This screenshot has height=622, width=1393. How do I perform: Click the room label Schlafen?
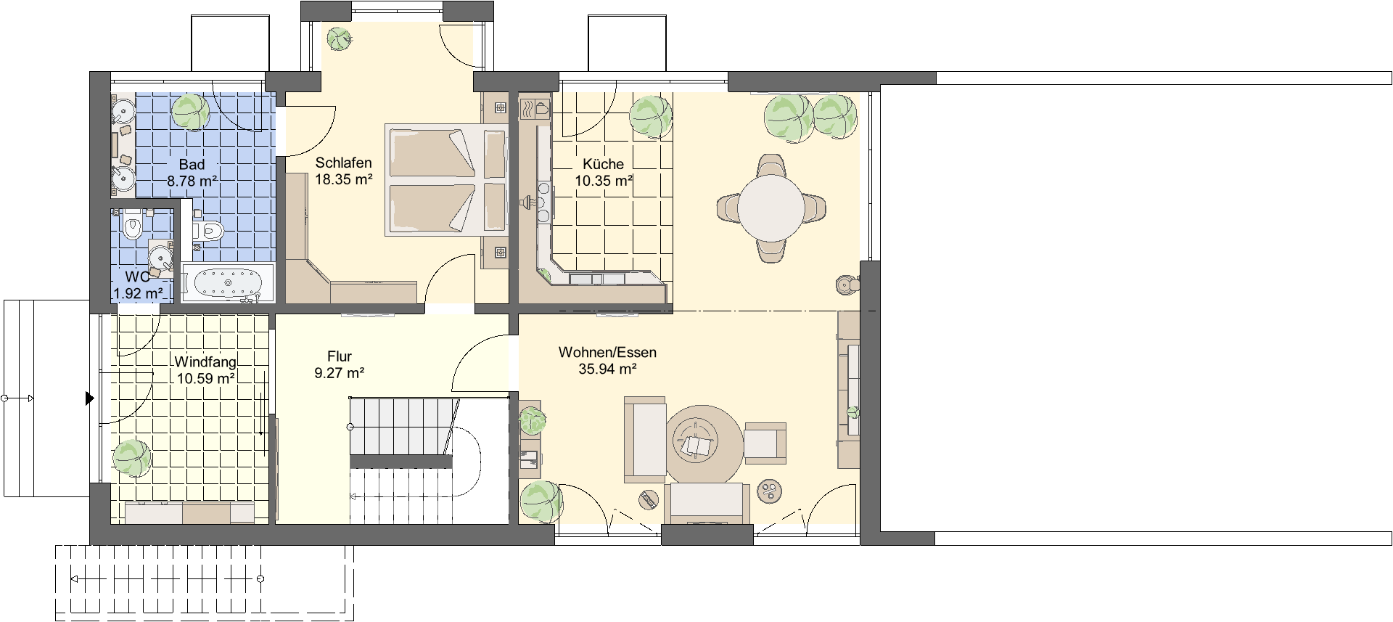pyautogui.click(x=343, y=163)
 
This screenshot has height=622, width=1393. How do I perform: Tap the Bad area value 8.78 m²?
pyautogui.click(x=192, y=181)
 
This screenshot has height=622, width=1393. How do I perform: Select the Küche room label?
pyautogui.click(x=603, y=164)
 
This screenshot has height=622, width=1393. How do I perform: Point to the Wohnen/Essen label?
pyautogui.click(x=607, y=353)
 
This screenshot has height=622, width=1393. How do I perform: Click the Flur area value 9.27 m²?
pyautogui.click(x=340, y=374)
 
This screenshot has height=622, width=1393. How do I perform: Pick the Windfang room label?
pyautogui.click(x=205, y=362)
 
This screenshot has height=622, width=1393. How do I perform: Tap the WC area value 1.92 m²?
pyautogui.click(x=138, y=294)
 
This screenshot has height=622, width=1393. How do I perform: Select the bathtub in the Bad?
pyautogui.click(x=228, y=282)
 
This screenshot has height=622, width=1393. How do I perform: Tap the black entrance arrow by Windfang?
pyautogui.click(x=90, y=398)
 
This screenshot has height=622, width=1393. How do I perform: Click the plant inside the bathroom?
pyautogui.click(x=190, y=112)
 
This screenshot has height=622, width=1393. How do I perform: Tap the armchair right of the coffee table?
pyautogui.click(x=765, y=443)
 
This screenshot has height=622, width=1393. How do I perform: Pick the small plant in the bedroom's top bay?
pyautogui.click(x=337, y=38)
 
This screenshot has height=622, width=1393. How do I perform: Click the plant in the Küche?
pyautogui.click(x=649, y=116)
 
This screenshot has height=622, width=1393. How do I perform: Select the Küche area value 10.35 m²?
pyautogui.click(x=604, y=181)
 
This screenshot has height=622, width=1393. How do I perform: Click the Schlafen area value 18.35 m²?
pyautogui.click(x=344, y=179)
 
